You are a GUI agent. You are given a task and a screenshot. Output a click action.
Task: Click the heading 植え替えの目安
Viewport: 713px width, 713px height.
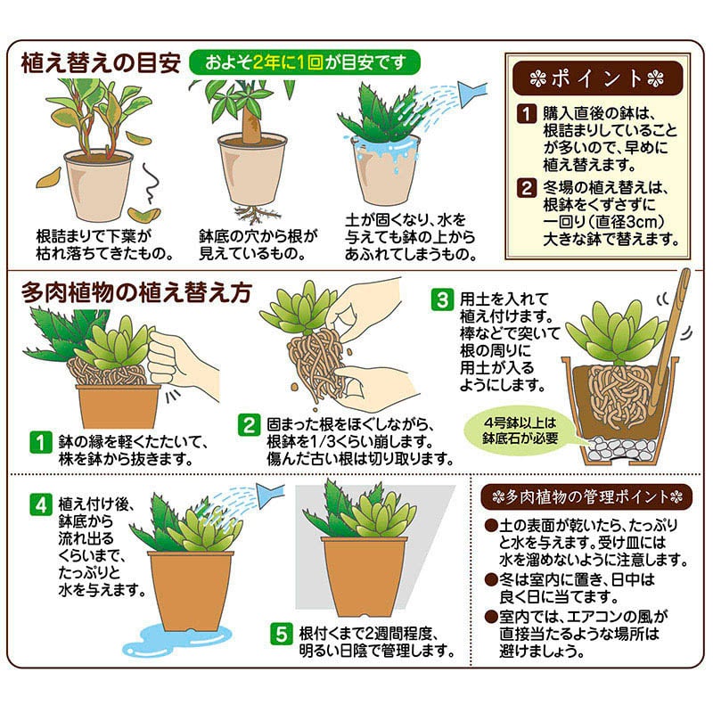[x=102, y=64]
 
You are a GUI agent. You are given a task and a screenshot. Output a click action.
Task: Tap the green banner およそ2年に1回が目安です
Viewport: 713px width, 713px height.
[x=303, y=63]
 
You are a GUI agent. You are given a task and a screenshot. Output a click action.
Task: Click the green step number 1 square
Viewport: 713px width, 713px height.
[x=39, y=441]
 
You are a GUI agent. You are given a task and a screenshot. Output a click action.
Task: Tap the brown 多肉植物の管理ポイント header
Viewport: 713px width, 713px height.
[x=586, y=496]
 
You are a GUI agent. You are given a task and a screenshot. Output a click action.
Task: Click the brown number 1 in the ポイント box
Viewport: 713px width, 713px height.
[x=528, y=115]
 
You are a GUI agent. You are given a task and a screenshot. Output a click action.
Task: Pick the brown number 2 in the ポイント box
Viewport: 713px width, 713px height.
[x=528, y=188]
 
